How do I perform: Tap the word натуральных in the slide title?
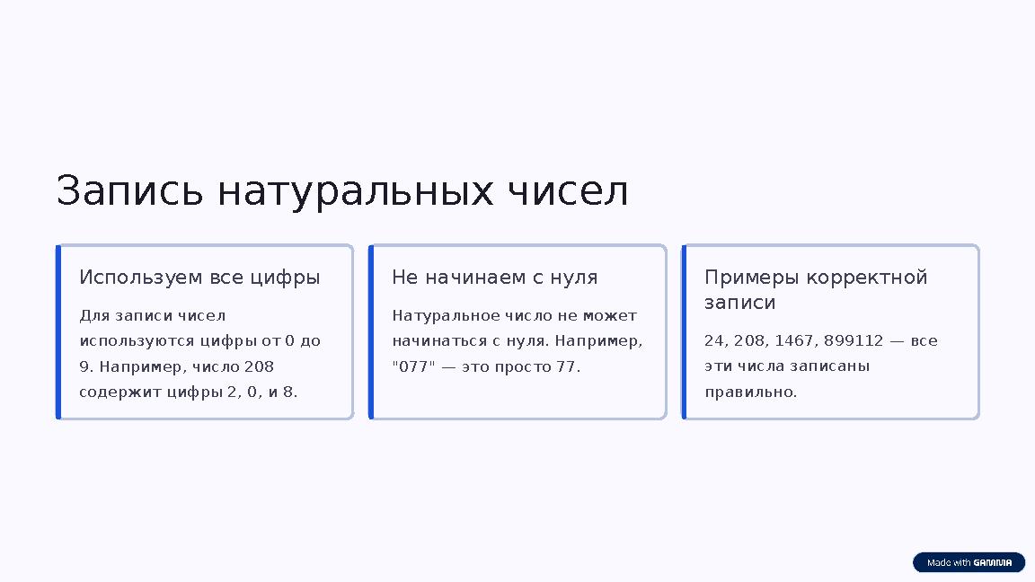[355, 192]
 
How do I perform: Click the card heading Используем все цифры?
[199, 278]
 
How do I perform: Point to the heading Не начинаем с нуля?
[494, 278]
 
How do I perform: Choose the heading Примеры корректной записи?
[815, 289]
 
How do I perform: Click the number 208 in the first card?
[259, 366]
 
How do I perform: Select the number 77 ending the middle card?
[568, 366]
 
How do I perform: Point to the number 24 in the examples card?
[715, 341]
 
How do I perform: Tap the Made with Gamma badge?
[969, 563]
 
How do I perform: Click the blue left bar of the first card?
[58, 331]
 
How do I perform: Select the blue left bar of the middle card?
[371, 331]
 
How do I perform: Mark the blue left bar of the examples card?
[684, 331]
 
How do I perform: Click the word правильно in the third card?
[750, 392]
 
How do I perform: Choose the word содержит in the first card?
[110, 392]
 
